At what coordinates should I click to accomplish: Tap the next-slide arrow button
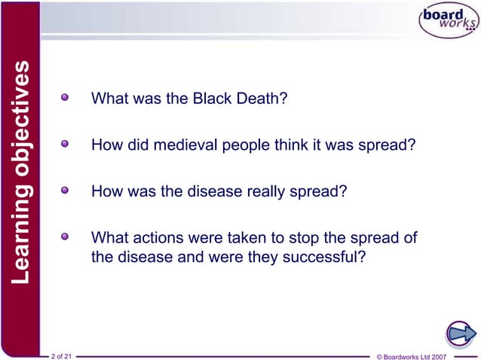click(x=459, y=332)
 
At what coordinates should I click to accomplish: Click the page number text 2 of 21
click(x=61, y=354)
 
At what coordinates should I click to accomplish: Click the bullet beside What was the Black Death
click(x=68, y=98)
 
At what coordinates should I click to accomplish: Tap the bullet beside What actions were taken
click(x=68, y=237)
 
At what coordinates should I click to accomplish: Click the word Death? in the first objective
click(x=265, y=99)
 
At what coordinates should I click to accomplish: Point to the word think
click(x=274, y=145)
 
